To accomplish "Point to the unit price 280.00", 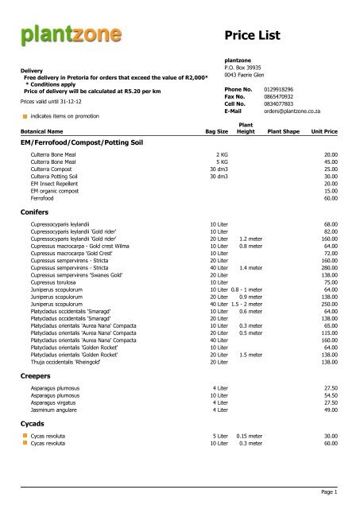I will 330,268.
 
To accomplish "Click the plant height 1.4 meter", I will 250,268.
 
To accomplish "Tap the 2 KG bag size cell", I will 222,154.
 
